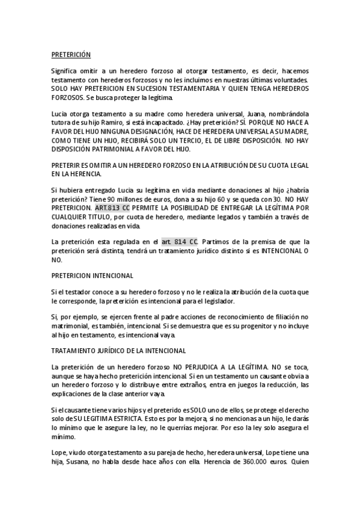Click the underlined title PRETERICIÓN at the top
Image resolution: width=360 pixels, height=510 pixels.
tap(70, 54)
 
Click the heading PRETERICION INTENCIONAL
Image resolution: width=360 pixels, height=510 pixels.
tap(92, 275)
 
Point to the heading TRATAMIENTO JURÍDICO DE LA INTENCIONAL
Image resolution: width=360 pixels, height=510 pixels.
tap(118, 350)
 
